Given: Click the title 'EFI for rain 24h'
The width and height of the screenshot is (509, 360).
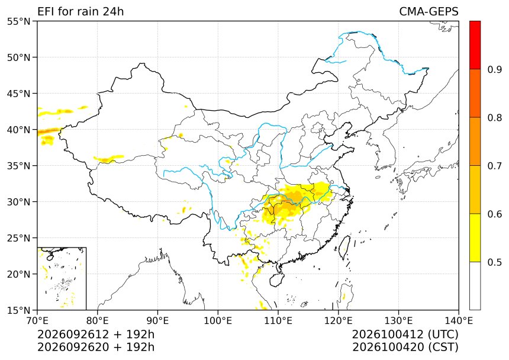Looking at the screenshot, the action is point(80,12).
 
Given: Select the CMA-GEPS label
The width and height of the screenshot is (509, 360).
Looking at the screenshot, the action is point(429,12).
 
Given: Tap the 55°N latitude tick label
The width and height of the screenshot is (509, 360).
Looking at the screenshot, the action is point(18,22).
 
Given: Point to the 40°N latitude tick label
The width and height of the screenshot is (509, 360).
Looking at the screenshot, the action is point(18,130).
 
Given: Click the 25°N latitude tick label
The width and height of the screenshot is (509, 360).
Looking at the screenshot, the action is point(18,238).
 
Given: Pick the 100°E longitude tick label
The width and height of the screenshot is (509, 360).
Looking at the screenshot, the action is point(218,321).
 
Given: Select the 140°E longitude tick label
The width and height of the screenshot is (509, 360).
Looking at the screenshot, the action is point(458,321).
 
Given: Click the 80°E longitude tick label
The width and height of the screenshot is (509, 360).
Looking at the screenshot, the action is point(98,321).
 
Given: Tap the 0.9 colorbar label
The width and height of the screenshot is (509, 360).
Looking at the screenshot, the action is point(494,69).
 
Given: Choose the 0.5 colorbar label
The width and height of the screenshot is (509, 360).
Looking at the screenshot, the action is point(494,262).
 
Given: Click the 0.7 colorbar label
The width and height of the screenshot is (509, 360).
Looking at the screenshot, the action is point(494,166).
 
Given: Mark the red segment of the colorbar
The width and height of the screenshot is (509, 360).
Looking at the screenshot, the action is point(475,45).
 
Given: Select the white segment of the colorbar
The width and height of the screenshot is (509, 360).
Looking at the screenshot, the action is point(475,285).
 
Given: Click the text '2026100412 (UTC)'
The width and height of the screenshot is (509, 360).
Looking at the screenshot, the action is point(405,335).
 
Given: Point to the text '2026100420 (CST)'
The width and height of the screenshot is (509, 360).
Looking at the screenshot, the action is point(405,347).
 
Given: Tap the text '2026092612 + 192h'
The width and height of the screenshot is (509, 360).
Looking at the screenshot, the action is point(96,335).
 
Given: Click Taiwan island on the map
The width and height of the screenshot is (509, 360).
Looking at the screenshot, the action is point(344,247).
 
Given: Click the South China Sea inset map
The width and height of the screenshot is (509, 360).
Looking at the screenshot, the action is point(62,278).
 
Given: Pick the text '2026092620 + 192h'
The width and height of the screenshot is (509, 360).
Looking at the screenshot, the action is point(96,347).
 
